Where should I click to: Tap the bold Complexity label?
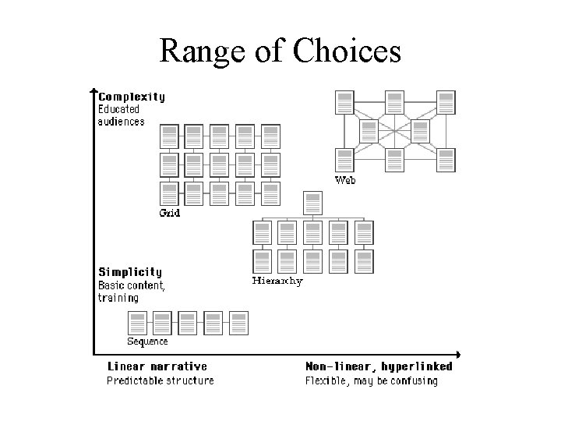[x=131, y=97]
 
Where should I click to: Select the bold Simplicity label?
[x=130, y=272]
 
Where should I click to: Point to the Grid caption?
[x=170, y=213]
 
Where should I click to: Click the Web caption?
[x=345, y=180]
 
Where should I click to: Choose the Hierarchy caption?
[x=277, y=281]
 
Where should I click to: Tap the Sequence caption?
[x=147, y=341]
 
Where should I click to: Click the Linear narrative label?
[x=157, y=366]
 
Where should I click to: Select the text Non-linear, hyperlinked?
[x=379, y=366]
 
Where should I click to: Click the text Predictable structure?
[x=160, y=380]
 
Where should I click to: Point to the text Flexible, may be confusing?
[x=371, y=380]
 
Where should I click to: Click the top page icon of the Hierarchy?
[x=313, y=204]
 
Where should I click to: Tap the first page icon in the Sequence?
[x=137, y=323]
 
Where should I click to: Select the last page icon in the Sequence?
[x=238, y=323]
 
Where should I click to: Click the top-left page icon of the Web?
[x=344, y=103]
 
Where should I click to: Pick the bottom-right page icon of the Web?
[x=446, y=160]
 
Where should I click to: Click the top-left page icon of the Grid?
[x=170, y=136]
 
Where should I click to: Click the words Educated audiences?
[x=121, y=115]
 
